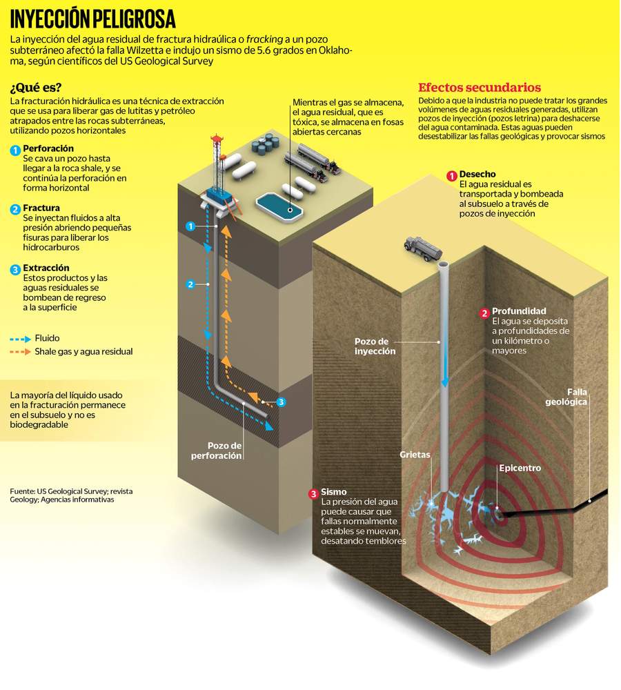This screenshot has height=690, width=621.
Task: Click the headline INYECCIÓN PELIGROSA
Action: [x=93, y=18]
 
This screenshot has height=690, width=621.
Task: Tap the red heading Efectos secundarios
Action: [x=480, y=88]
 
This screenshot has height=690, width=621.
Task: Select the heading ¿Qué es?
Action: [x=36, y=88]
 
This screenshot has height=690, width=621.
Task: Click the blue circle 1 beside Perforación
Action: [x=15, y=150]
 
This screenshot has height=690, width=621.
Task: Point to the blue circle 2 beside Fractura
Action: [x=15, y=209]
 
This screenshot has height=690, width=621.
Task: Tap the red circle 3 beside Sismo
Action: [x=313, y=493]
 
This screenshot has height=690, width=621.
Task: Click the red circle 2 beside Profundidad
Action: [x=484, y=312]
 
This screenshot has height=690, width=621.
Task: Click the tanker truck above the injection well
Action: [x=422, y=248]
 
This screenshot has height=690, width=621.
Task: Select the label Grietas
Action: [x=415, y=455]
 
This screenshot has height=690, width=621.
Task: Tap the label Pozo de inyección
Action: [x=375, y=346]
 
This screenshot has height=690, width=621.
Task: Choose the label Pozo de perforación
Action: [x=216, y=451]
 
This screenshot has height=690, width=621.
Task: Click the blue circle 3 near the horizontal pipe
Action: [x=281, y=402]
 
